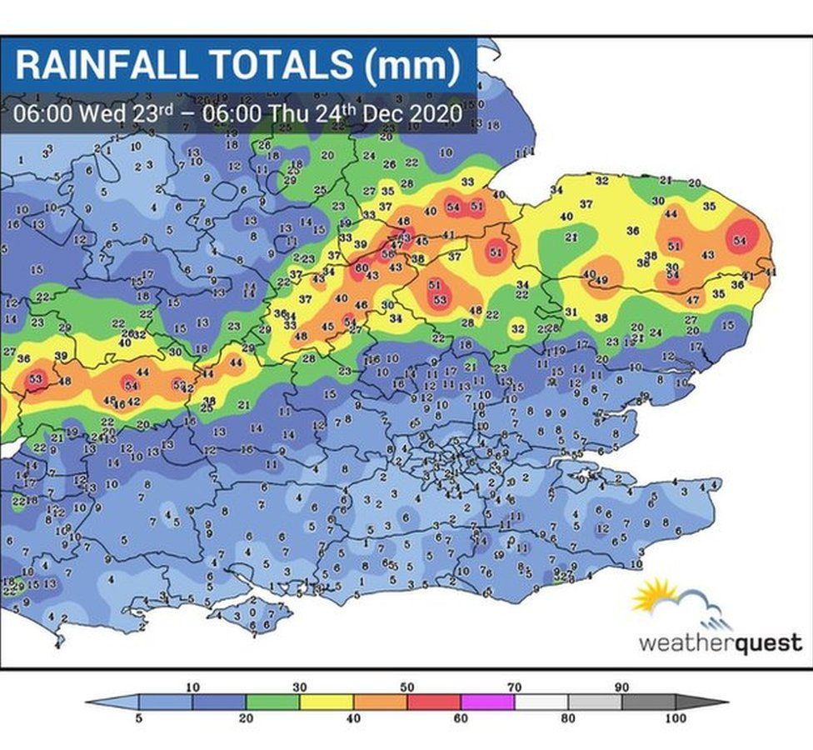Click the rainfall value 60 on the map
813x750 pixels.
pyautogui.click(x=361, y=267)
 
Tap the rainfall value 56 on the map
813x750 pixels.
pyautogui.click(x=387, y=252)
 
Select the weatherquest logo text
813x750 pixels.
pyautogui.click(x=721, y=642)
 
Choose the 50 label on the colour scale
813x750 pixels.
pyautogui.click(x=407, y=687)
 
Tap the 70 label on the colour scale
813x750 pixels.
pyautogui.click(x=514, y=687)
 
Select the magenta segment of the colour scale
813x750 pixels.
pyautogui.click(x=487, y=702)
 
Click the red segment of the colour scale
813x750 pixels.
pyautogui.click(x=434, y=702)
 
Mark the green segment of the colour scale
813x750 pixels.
pyautogui.click(x=272, y=702)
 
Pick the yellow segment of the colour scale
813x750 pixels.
pyautogui.click(x=327, y=702)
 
